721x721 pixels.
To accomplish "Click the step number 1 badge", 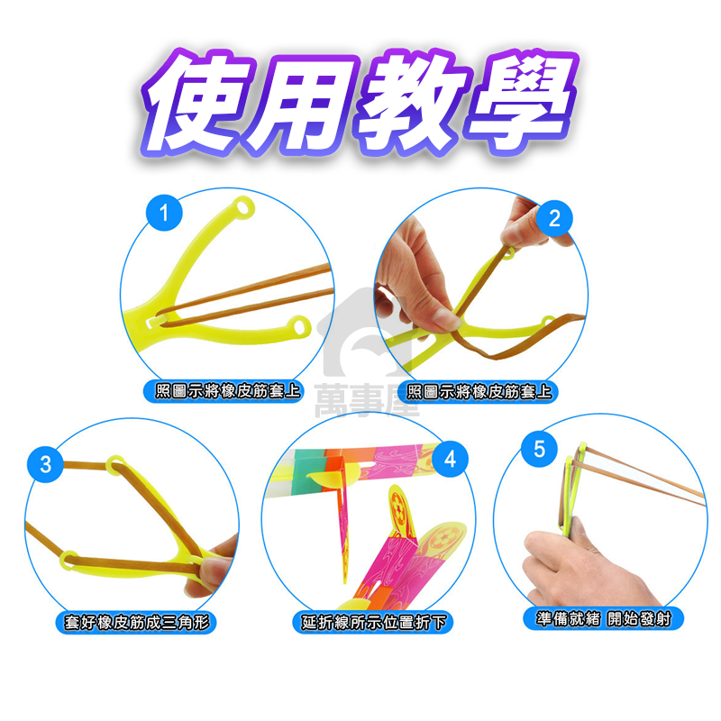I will pos(164,214).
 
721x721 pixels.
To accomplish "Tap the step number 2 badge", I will pos(554,217).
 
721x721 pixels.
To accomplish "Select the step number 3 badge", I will pos(45,465).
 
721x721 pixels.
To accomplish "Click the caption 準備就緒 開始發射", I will pos(603,618).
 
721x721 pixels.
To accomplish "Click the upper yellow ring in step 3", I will pos(116,465).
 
